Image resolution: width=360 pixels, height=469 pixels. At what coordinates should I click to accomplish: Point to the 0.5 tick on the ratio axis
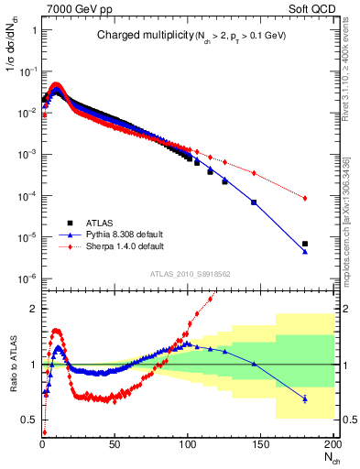point(29,420)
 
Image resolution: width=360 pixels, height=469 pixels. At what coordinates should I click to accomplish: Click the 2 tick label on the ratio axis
point(33,309)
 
